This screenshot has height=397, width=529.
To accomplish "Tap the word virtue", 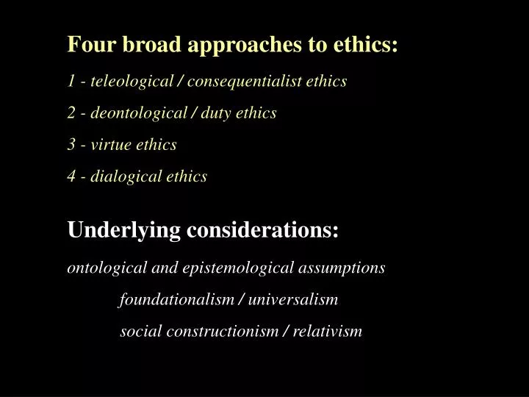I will point(113,145).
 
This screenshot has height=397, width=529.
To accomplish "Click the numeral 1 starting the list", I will point(71,82).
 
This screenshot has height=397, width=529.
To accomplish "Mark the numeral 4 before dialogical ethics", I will point(71,176).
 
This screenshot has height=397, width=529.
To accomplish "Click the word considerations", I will point(263,231).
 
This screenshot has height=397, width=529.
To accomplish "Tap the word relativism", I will point(328,332).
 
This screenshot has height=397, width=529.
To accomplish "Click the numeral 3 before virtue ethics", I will point(71,145).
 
